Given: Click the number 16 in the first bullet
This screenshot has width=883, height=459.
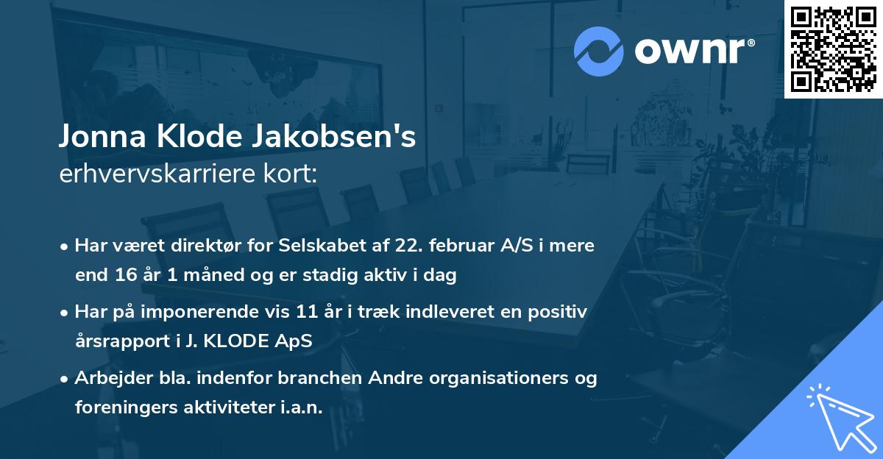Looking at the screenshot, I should (x=124, y=275).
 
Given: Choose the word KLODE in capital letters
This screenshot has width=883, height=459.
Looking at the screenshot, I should (x=243, y=341).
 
